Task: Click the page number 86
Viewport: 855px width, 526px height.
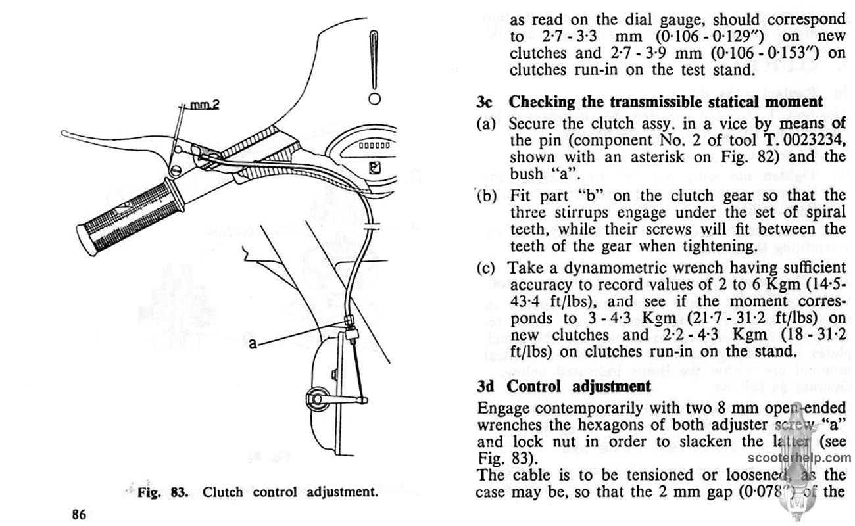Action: point(78,514)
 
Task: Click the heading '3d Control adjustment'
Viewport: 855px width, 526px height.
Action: point(564,385)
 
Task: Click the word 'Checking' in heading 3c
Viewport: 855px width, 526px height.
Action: point(541,102)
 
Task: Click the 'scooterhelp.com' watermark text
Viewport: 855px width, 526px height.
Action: point(799,459)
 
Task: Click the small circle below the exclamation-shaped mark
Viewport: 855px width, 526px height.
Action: point(375,99)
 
